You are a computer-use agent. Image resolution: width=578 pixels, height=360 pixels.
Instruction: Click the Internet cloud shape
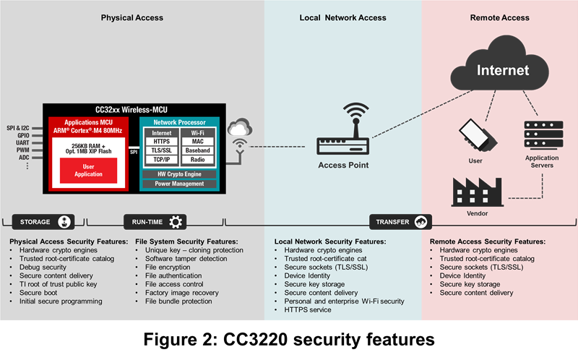tap(502, 71)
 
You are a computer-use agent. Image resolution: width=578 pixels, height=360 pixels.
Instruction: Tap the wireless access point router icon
tap(344, 144)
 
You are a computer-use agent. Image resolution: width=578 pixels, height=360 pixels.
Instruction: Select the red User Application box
tap(88, 170)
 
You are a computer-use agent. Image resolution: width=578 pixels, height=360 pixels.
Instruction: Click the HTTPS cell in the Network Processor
tap(162, 142)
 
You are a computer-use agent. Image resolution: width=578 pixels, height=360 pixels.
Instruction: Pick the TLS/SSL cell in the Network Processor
tap(162, 150)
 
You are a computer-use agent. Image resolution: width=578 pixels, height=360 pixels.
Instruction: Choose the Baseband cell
tap(197, 150)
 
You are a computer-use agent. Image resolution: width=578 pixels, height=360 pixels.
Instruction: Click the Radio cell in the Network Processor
tap(197, 159)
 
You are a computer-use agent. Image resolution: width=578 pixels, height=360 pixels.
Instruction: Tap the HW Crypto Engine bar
tap(179, 173)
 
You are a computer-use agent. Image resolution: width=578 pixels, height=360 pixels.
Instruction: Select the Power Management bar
tap(179, 184)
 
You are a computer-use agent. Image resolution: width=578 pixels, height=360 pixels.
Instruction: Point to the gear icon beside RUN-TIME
tap(175, 222)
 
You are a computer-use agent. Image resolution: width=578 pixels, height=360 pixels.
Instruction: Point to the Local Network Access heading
tap(343, 17)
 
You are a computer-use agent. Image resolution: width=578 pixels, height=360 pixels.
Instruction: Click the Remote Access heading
tap(499, 17)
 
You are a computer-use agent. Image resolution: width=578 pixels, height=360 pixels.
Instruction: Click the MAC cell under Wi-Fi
tap(197, 142)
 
